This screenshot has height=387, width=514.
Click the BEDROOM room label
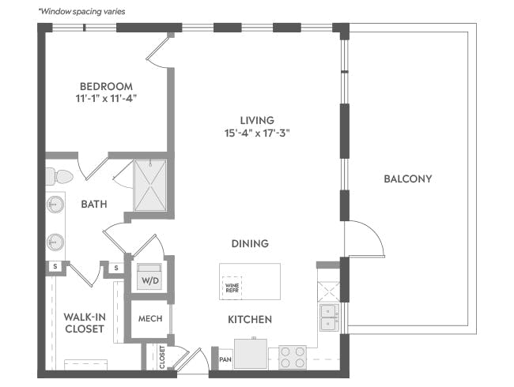pos(106,86)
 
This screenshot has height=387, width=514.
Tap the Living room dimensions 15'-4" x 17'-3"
pos(257,133)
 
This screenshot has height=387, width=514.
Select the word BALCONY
pos(408,178)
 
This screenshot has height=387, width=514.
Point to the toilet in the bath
pos(59,176)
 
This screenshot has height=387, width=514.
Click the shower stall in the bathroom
pos(150,186)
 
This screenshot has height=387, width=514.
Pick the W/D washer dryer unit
pos(149,277)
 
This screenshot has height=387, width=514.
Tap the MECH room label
pos(150,318)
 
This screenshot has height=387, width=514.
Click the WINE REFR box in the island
pos(232,287)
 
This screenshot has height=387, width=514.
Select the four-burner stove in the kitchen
pos(293,357)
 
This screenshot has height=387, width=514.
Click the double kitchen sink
pos(329,317)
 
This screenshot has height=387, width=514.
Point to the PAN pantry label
pos(225,359)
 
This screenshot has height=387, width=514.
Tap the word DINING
pos(250,243)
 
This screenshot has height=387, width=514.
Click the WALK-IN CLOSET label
pos(85,323)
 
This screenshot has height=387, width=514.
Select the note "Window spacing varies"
pos(81,12)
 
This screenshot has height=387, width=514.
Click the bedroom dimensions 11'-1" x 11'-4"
pos(106,98)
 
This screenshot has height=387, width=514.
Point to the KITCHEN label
pos(250,319)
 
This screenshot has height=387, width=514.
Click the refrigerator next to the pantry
pos(251,354)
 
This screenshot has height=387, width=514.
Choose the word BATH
pos(94,205)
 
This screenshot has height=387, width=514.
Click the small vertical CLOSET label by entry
pos(162,357)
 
